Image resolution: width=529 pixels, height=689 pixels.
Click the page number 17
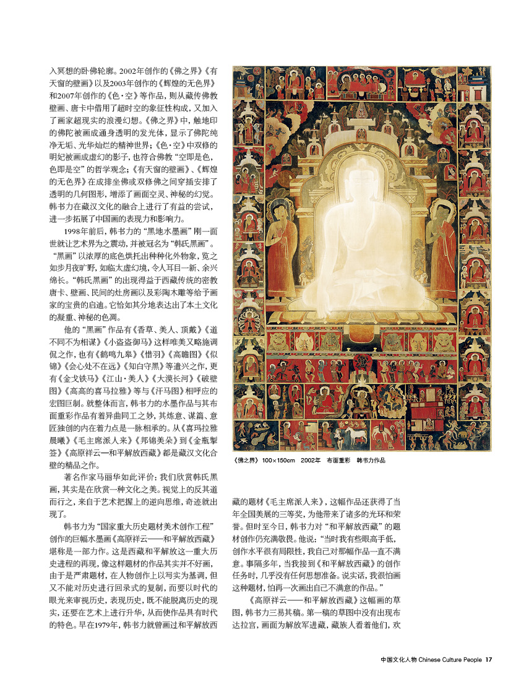489,659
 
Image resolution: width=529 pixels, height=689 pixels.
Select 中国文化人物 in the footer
399,659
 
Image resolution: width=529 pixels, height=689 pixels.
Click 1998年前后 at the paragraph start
85,232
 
